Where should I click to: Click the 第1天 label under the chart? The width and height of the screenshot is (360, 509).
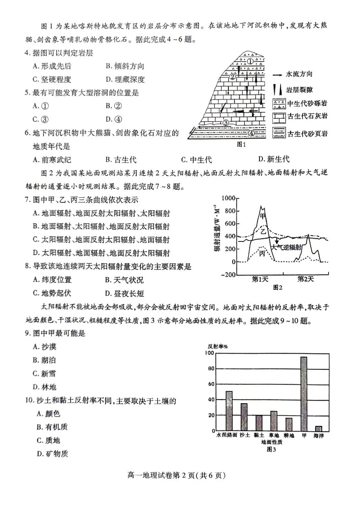coord(260,280)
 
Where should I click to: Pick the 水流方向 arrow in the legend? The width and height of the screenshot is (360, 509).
coord(278,75)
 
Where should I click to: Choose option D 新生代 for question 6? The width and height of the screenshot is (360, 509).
coord(273,160)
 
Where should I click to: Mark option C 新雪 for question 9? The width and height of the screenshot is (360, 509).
coord(44,373)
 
